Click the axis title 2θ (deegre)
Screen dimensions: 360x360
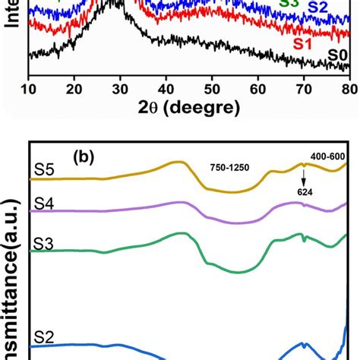pyautogui.click(x=188, y=108)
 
